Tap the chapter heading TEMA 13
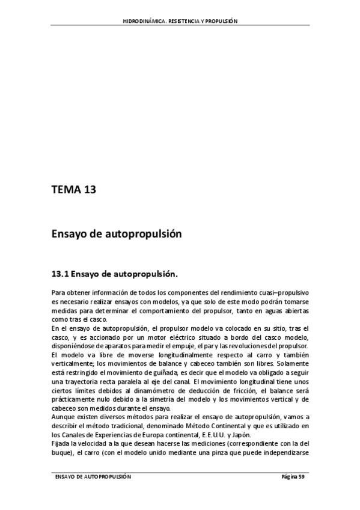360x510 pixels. pos(74,191)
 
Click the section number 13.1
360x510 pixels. pos(61,275)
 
